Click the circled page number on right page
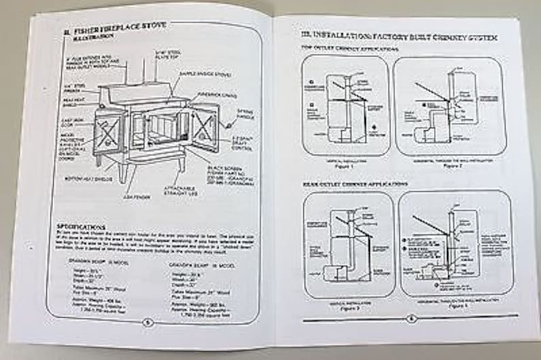pyautogui.click(x=411, y=318)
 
